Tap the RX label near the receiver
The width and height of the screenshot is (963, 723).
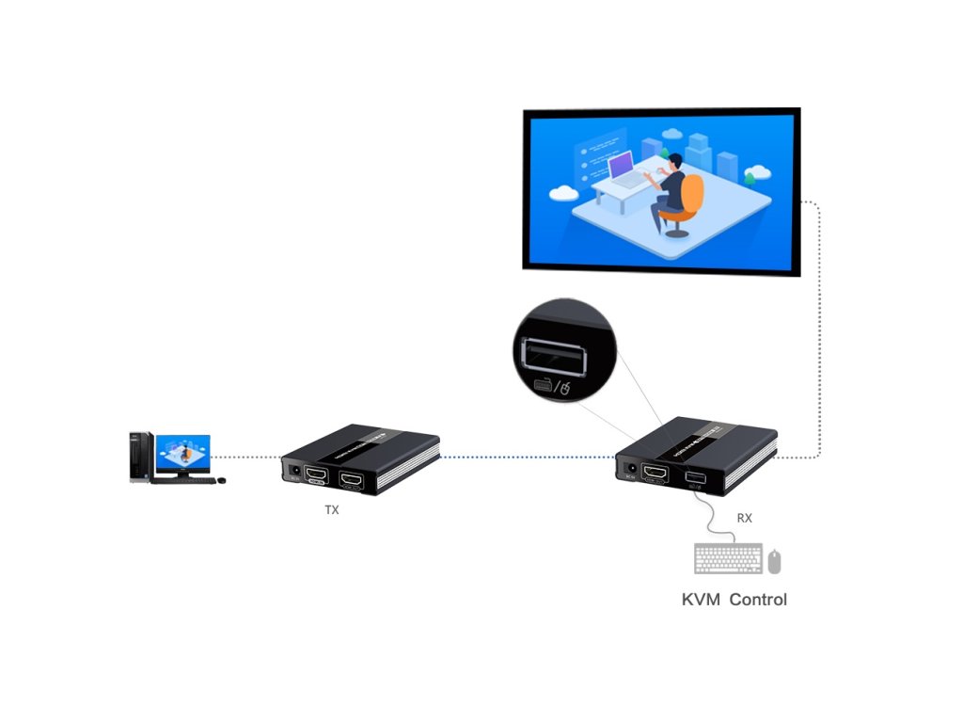tap(744, 518)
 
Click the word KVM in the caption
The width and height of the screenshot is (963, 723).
tap(703, 600)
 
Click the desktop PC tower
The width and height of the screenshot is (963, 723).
tap(140, 457)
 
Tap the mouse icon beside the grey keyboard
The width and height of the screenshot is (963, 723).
tap(774, 561)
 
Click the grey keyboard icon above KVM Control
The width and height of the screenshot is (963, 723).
tap(728, 559)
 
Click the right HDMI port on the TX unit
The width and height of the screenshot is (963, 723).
tap(353, 482)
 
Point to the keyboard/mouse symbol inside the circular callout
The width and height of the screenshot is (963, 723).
tap(555, 387)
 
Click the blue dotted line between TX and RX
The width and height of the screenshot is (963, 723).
tap(527, 458)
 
